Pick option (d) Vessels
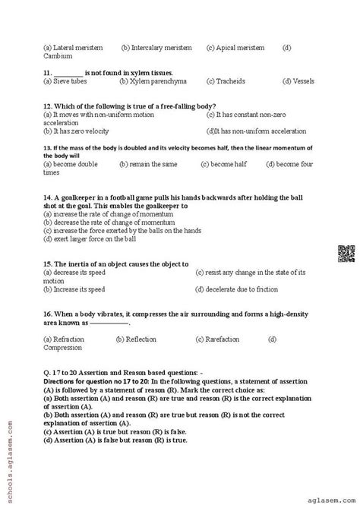(x=297, y=80)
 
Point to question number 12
(x=47, y=105)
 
